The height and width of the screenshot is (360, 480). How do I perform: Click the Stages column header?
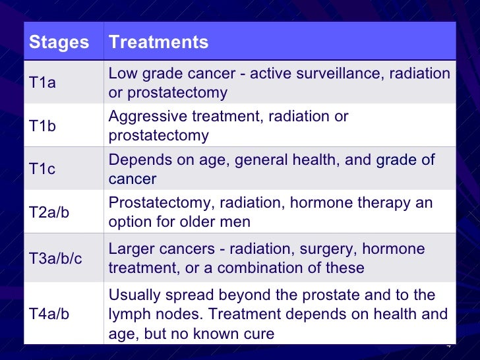(59, 43)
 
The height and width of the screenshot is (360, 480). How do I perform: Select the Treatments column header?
(158, 43)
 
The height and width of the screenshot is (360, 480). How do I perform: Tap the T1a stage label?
(43, 84)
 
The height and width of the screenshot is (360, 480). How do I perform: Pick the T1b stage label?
(43, 127)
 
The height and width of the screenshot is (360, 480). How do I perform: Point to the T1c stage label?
(43, 169)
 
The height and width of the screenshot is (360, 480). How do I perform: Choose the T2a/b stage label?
(50, 212)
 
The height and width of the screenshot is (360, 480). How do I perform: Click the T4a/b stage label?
(50, 314)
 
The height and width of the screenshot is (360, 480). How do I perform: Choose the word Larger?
(131, 249)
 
